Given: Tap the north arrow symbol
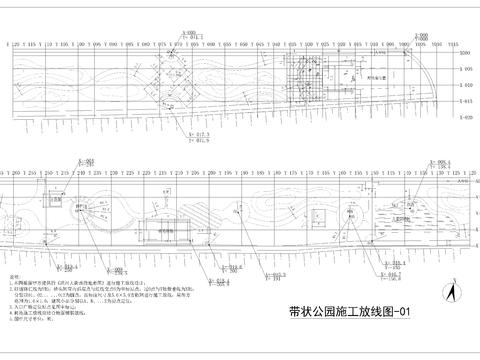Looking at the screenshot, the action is [451, 295].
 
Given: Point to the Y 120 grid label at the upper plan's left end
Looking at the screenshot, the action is [15, 45].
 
